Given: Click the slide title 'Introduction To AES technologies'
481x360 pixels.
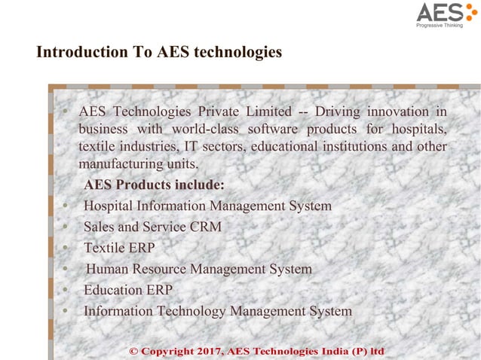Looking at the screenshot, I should (x=159, y=53).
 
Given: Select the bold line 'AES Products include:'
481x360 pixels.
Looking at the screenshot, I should (x=154, y=185).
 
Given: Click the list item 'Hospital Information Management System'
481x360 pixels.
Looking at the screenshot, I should (x=207, y=206).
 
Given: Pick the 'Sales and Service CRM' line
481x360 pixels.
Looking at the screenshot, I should (x=152, y=227).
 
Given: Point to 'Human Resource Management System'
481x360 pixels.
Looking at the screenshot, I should (x=199, y=269).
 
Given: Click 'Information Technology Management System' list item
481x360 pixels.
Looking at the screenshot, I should (x=218, y=311).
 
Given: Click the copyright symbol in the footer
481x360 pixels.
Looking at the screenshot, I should (x=135, y=352).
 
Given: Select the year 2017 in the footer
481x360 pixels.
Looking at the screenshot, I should (x=207, y=352).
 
